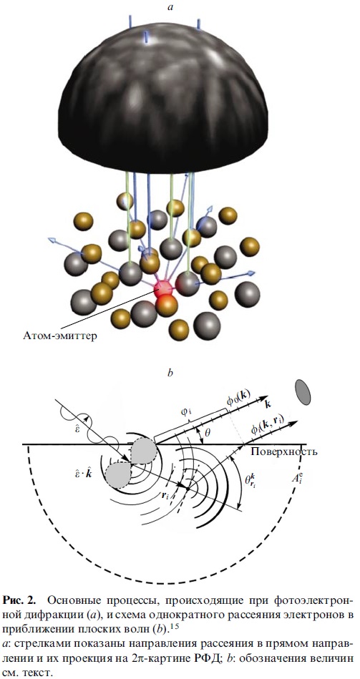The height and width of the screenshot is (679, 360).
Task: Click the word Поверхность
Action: [284, 451]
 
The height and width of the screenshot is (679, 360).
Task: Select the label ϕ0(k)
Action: [235, 396]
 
